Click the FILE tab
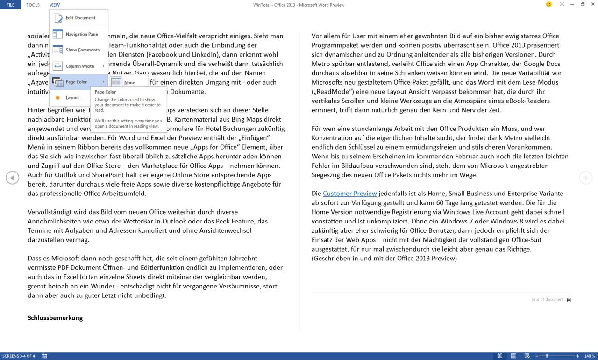coord(10,5)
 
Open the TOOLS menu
coord(33,5)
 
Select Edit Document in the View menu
coord(80,18)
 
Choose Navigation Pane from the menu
coord(81,34)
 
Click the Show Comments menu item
coord(82,50)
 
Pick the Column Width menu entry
coord(79,66)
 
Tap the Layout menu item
coord(72,98)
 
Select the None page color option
coord(129,83)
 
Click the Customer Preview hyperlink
coord(349,194)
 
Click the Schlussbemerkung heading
coord(55,318)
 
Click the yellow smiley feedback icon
coord(548,4)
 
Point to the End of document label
coord(548,300)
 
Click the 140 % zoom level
coord(589,356)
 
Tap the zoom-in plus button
coord(577,356)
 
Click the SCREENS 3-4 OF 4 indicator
coord(18,356)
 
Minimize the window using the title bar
coord(572,4)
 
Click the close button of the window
coord(592,4)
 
